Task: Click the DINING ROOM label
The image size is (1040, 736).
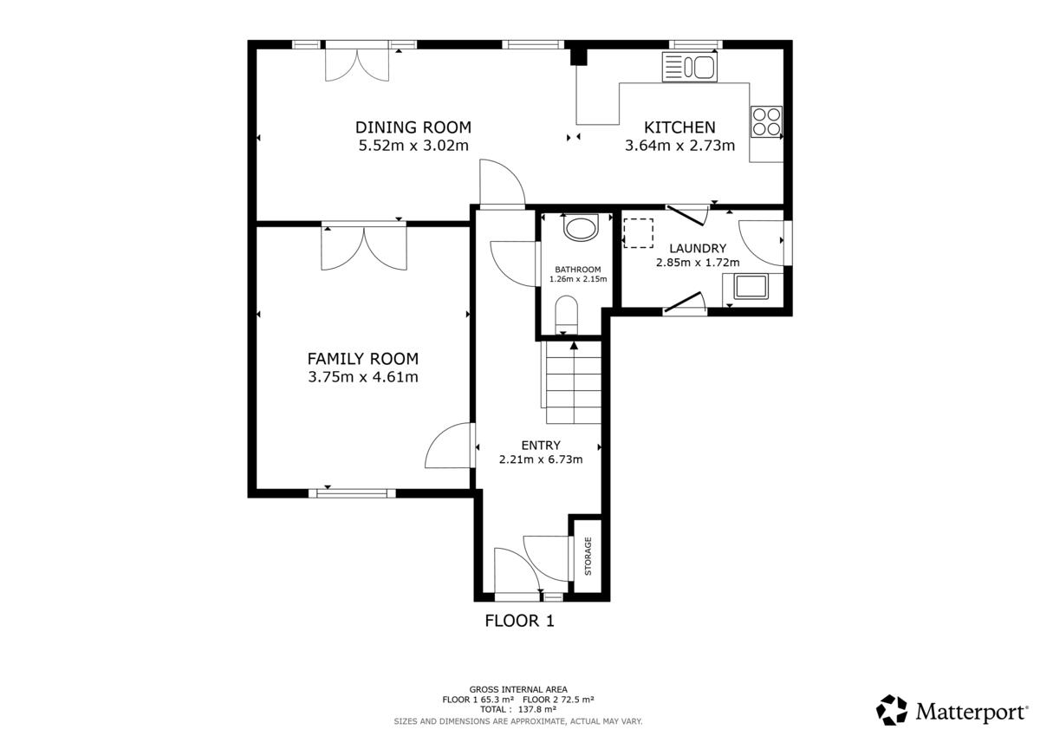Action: click(x=413, y=127)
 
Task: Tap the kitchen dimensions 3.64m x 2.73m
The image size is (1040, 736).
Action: click(x=679, y=146)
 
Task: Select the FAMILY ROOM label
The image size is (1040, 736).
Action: click(x=363, y=359)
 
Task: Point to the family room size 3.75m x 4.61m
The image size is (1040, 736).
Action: click(x=363, y=377)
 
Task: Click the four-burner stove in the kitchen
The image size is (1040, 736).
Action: click(x=766, y=121)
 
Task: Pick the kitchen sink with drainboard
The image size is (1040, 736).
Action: click(x=690, y=67)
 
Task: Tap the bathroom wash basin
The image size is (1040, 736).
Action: click(x=581, y=227)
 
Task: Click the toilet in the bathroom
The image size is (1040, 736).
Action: click(x=567, y=315)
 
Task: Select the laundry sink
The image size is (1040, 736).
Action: click(x=751, y=286)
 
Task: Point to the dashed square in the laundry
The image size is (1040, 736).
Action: click(x=639, y=233)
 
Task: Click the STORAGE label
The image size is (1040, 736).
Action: click(x=588, y=557)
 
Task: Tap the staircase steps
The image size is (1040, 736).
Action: click(x=574, y=382)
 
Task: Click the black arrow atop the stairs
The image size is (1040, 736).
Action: click(x=575, y=346)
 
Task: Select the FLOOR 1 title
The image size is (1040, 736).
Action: click(x=519, y=621)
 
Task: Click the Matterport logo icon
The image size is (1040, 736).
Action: click(x=892, y=710)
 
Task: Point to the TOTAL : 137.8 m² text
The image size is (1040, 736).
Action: click(x=518, y=709)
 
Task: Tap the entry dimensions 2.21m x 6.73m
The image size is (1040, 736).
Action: click(x=541, y=459)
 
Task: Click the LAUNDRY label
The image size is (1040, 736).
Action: click(x=698, y=249)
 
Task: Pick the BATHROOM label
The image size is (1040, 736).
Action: click(x=578, y=270)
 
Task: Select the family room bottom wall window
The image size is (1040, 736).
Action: click(x=353, y=493)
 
